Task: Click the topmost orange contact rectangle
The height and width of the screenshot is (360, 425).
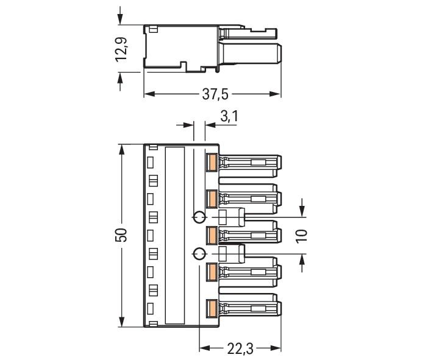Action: [x=212, y=162]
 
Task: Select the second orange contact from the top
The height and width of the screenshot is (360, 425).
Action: [x=212, y=198]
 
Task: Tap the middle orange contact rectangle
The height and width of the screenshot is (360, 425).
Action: [x=212, y=235]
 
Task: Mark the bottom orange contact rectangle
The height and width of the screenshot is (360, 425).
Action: [x=212, y=308]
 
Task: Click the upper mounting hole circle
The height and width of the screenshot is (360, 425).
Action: [x=199, y=217]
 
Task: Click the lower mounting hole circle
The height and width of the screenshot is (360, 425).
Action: [x=199, y=253]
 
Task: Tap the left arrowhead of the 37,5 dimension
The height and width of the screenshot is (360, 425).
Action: [x=149, y=94]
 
